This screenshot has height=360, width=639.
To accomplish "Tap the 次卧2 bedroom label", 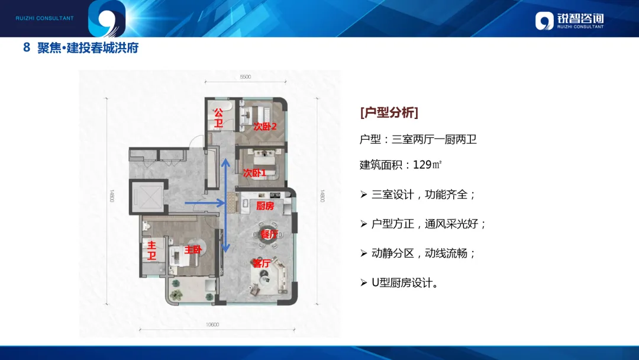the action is coord(265,126).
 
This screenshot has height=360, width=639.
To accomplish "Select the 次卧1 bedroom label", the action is coord(254,173).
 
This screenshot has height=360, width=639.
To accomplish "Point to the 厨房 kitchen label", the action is coord(264,206).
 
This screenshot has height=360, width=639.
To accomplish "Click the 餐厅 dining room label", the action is coord(269,234).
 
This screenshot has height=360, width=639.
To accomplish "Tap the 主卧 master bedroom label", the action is coord(193,250).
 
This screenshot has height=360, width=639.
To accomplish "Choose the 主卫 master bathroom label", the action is coord(152,250).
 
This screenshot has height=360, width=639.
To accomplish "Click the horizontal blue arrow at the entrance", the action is coord(205,203).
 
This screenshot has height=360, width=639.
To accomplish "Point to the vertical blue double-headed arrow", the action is coord(224,205).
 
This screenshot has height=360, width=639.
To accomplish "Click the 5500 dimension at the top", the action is coord(246,76).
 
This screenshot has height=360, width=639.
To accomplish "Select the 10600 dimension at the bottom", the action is coord(213,324).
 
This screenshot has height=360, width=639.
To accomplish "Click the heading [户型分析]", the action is coord(389,112).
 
